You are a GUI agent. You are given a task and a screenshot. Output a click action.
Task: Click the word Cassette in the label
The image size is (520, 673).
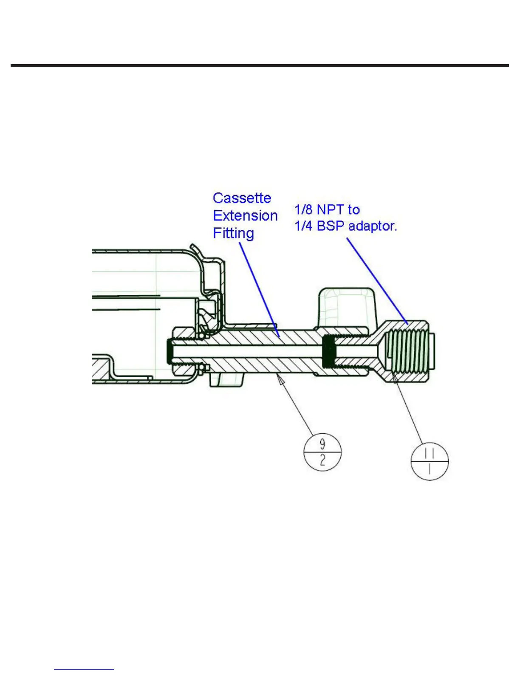242,198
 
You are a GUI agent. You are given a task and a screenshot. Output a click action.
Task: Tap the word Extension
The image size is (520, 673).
245,216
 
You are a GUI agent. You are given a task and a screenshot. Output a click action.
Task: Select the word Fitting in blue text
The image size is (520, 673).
233,233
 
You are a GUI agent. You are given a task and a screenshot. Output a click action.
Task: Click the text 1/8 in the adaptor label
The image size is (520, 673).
303,209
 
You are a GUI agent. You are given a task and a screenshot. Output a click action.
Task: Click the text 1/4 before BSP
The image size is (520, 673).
303,226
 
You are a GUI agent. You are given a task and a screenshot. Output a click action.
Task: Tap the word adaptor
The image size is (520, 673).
373,226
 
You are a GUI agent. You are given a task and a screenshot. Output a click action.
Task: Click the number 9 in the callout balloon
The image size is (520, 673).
322,444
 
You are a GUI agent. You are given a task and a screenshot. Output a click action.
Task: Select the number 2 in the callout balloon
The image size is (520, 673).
322,460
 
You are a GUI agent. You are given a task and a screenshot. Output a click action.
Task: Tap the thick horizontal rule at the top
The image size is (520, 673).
260,65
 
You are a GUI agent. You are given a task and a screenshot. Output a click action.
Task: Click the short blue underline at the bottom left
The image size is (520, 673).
84,669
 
